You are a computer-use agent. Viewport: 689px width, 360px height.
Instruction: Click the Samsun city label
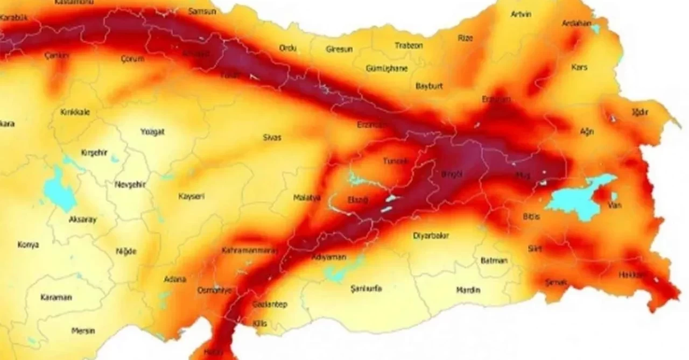pyautogui.click(x=202, y=11)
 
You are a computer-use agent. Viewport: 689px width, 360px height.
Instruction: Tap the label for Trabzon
pyautogui.click(x=409, y=46)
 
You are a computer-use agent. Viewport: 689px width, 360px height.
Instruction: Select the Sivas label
pyautogui.click(x=272, y=137)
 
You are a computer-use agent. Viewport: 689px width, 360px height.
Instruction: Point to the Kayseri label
pyautogui.click(x=191, y=196)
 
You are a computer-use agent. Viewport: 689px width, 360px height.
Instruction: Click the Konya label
pyautogui.click(x=28, y=245)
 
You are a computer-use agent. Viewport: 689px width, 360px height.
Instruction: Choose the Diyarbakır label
pyautogui.click(x=431, y=235)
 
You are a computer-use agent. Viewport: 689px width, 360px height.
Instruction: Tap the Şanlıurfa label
pyautogui.click(x=365, y=288)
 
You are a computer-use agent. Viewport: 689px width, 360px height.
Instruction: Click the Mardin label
pyautogui.click(x=468, y=290)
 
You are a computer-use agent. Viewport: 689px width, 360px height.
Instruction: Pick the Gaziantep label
pyautogui.click(x=270, y=305)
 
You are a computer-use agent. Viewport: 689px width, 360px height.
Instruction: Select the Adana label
pyautogui.click(x=175, y=279)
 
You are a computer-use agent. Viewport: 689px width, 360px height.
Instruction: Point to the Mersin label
pyautogui.click(x=83, y=331)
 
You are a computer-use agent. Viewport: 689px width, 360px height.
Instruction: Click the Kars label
pyautogui.click(x=579, y=67)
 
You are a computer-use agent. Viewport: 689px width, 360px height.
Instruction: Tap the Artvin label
pyautogui.click(x=521, y=14)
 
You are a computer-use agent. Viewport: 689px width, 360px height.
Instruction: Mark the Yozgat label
pyautogui.click(x=152, y=132)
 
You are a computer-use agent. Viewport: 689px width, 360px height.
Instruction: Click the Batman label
pyautogui.click(x=494, y=260)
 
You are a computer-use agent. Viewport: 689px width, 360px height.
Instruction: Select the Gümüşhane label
pyautogui.click(x=386, y=68)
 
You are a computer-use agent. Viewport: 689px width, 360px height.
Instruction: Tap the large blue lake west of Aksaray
pyautogui.click(x=59, y=194)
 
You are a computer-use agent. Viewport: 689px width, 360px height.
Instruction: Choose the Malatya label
pyautogui.click(x=307, y=197)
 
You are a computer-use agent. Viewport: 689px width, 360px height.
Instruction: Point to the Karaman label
pyautogui.click(x=56, y=297)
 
